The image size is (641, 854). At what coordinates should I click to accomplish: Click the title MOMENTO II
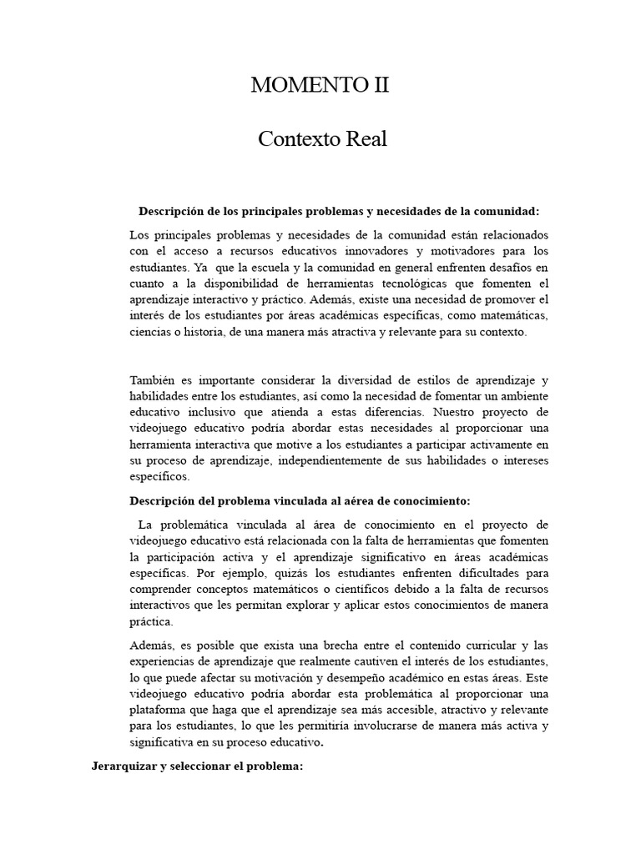click(x=320, y=86)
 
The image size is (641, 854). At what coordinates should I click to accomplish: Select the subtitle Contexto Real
click(x=321, y=138)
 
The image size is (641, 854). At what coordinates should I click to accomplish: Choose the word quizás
click(x=255, y=573)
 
